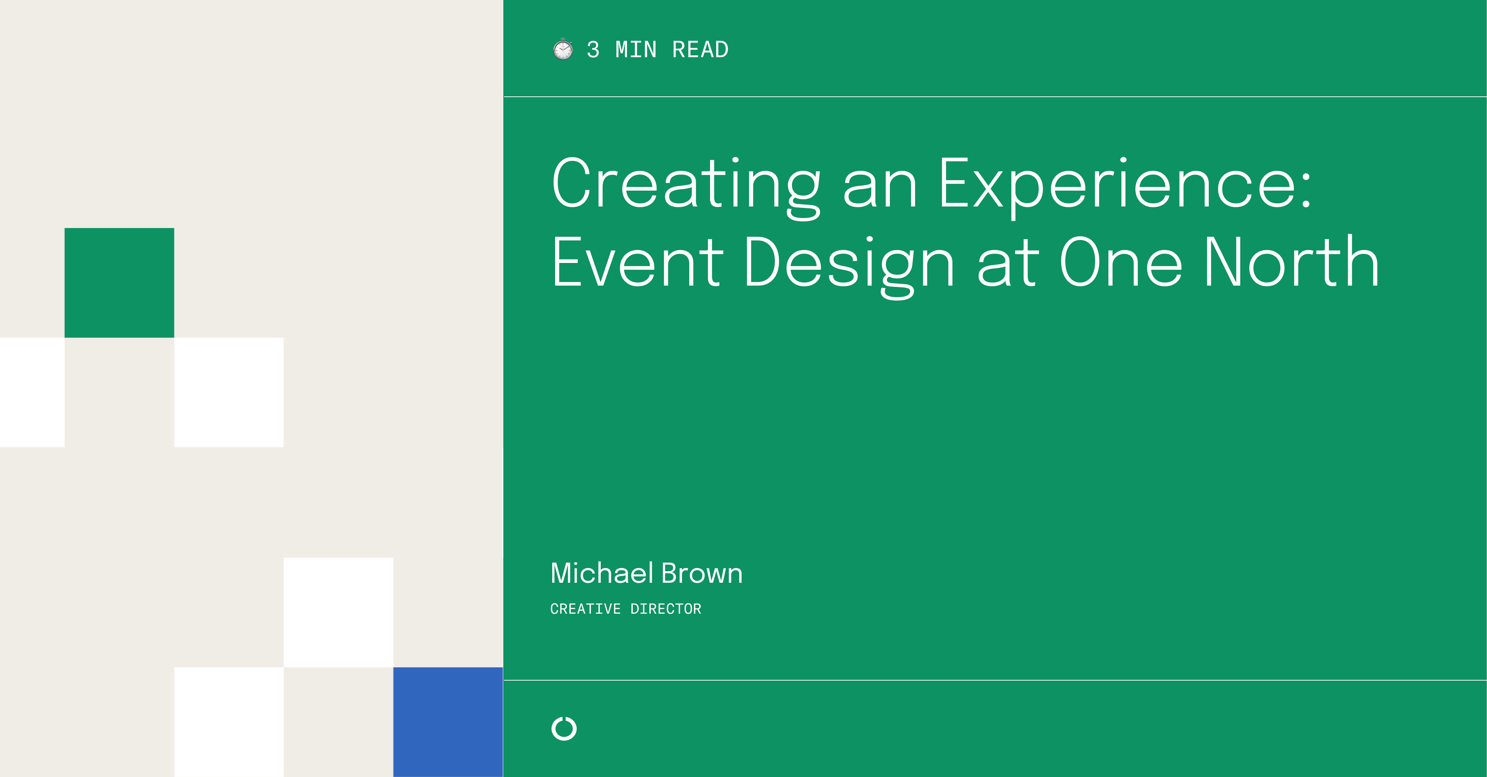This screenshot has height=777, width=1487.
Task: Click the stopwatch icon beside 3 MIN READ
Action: point(563,50)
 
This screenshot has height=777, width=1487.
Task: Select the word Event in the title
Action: point(637,263)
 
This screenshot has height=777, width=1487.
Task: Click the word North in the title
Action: point(1292,263)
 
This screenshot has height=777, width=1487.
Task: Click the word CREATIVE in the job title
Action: point(585,609)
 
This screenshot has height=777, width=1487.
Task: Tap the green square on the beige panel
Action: point(119,282)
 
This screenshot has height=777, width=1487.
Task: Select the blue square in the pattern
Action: point(448,722)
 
